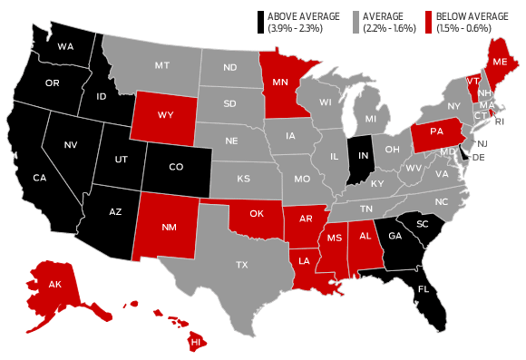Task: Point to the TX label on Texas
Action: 241,265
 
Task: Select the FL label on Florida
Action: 423,291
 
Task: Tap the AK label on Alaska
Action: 54,283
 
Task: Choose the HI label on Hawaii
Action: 195,342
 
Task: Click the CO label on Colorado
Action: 176,166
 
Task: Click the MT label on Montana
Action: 163,64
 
